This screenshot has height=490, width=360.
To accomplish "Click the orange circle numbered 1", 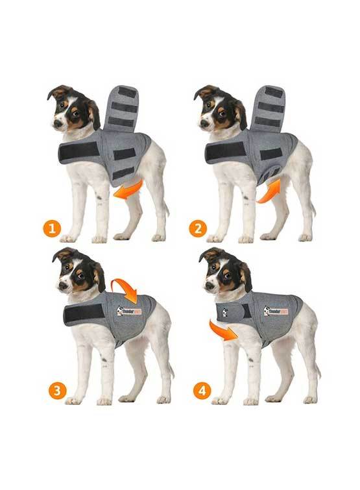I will click(x=51, y=228).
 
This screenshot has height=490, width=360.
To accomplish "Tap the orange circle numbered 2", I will click(x=198, y=228).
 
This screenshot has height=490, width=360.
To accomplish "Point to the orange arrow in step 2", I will click(x=269, y=191).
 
